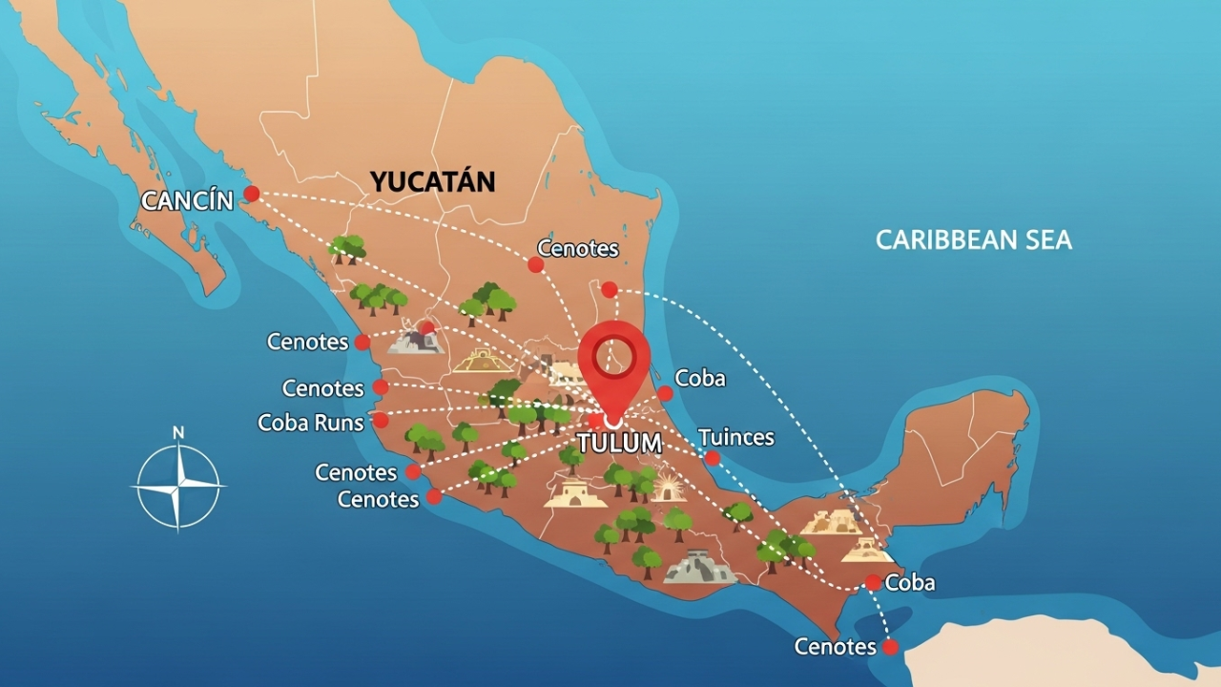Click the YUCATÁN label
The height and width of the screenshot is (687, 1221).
point(432,181)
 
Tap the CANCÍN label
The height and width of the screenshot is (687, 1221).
point(187,200)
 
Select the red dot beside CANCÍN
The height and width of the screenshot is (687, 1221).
point(251,194)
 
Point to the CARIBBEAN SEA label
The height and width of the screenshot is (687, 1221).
point(973,239)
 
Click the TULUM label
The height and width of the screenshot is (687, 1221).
point(619,443)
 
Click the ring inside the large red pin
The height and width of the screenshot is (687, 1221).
point(613,358)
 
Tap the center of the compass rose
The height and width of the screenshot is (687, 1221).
point(177,487)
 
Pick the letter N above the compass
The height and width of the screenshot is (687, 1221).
point(177,433)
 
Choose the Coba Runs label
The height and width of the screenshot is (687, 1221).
point(311,422)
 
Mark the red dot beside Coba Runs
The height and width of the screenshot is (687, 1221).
point(381,420)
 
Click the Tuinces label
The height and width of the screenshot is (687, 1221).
point(735,438)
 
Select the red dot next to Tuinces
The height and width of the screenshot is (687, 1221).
point(712,458)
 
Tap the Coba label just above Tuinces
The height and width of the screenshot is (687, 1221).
point(699,378)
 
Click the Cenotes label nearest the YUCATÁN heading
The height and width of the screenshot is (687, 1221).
point(578,249)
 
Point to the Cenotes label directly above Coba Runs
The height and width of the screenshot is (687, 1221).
point(322,388)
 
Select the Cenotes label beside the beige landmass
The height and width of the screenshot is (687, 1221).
point(835,647)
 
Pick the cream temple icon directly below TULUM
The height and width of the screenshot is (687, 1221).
point(575,493)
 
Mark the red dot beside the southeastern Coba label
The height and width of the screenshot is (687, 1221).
point(873,582)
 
